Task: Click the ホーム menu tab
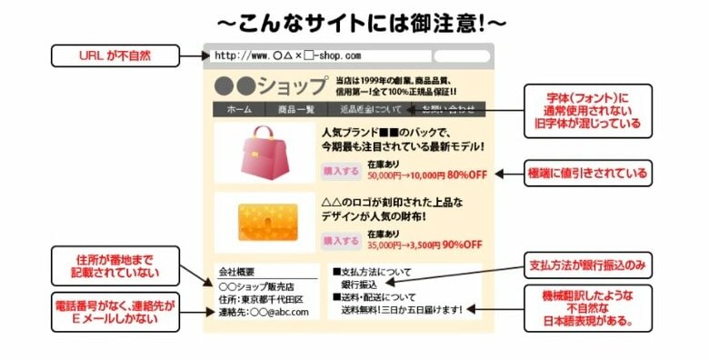point(239,110)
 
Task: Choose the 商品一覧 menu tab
point(295,110)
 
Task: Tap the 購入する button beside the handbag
point(342,170)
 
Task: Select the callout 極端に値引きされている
point(588,172)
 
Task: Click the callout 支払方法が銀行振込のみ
point(587,265)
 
